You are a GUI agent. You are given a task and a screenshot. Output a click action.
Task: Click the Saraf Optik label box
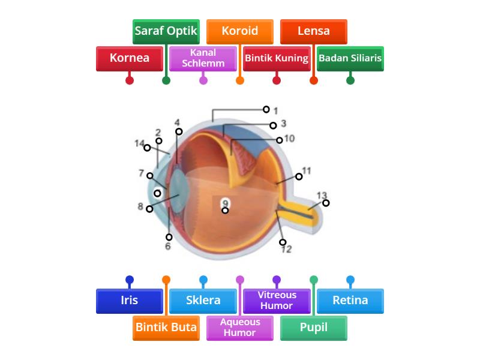tap(166, 31)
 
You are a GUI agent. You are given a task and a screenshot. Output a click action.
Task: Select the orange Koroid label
tap(239, 31)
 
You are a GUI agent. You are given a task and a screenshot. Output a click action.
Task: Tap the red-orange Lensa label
tap(313, 31)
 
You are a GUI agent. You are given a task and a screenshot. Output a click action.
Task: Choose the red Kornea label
tap(129, 59)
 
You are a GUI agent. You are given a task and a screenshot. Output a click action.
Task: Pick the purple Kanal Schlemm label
tap(203, 59)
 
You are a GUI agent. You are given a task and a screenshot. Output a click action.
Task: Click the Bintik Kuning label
tap(277, 59)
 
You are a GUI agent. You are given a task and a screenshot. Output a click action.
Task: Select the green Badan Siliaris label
tap(350, 59)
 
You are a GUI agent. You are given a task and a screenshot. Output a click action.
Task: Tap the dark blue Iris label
tap(129, 301)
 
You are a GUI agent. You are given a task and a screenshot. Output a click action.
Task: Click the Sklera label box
tap(203, 301)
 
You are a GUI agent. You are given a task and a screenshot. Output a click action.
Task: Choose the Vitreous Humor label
tap(277, 301)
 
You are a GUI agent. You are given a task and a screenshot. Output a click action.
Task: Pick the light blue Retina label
tap(350, 301)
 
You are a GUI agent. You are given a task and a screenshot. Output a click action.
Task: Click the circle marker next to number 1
tap(266, 109)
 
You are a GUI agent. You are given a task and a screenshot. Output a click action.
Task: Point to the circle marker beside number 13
tap(326, 203)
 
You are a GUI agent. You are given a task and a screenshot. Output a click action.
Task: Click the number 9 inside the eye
tap(225, 202)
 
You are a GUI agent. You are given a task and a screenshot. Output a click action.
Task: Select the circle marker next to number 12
tap(283, 242)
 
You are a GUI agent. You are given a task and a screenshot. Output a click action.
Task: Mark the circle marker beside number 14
tap(147, 148)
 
